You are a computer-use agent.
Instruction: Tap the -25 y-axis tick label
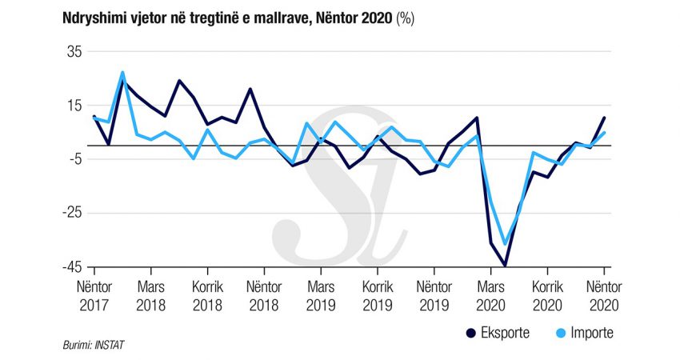(x=70, y=214)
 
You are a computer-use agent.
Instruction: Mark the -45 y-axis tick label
(x=70, y=268)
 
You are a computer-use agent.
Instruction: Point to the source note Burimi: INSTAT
(x=94, y=345)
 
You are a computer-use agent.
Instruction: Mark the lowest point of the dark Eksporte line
(x=505, y=265)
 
